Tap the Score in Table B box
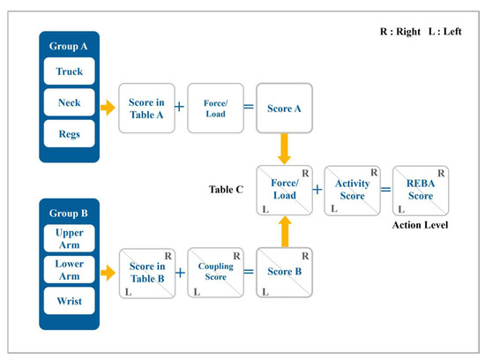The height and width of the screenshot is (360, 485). (146, 274)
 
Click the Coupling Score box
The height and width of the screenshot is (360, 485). (214, 274)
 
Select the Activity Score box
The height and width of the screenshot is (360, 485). (351, 191)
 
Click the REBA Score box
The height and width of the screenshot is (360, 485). (420, 191)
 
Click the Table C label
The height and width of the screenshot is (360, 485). (228, 190)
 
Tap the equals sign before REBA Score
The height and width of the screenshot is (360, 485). (385, 191)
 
